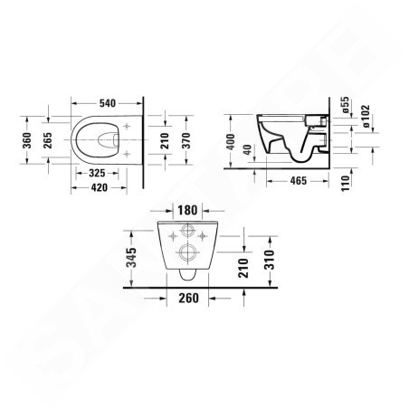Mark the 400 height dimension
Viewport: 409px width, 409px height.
[233, 141]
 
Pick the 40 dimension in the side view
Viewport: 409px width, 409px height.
[247, 150]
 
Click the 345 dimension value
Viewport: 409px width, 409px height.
[131, 257]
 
